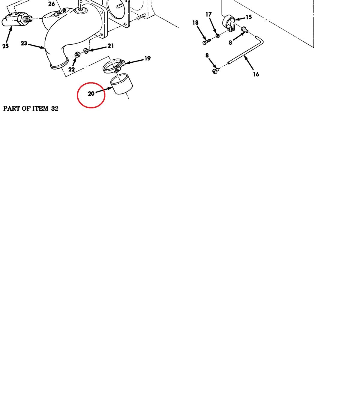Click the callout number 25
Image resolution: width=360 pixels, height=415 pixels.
(5, 46)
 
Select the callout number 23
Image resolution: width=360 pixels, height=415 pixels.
(24, 43)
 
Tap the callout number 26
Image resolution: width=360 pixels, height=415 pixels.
(52, 4)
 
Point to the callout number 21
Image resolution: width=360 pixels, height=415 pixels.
(111, 46)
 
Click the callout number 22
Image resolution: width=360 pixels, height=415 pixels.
(71, 70)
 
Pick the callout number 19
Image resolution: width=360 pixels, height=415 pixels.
(148, 58)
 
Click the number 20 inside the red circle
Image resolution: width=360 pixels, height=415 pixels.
(91, 94)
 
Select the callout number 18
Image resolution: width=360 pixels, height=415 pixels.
(195, 23)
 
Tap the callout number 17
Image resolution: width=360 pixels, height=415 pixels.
(208, 14)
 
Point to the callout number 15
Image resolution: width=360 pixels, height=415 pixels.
(249, 17)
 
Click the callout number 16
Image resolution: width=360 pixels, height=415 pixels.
(256, 74)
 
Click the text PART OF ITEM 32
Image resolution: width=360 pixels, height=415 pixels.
(31, 109)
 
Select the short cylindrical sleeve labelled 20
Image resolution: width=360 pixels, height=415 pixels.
(121, 84)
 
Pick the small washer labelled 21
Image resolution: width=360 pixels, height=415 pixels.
(86, 50)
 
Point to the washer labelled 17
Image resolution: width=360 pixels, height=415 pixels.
(217, 36)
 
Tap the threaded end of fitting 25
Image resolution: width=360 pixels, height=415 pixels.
(27, 19)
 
